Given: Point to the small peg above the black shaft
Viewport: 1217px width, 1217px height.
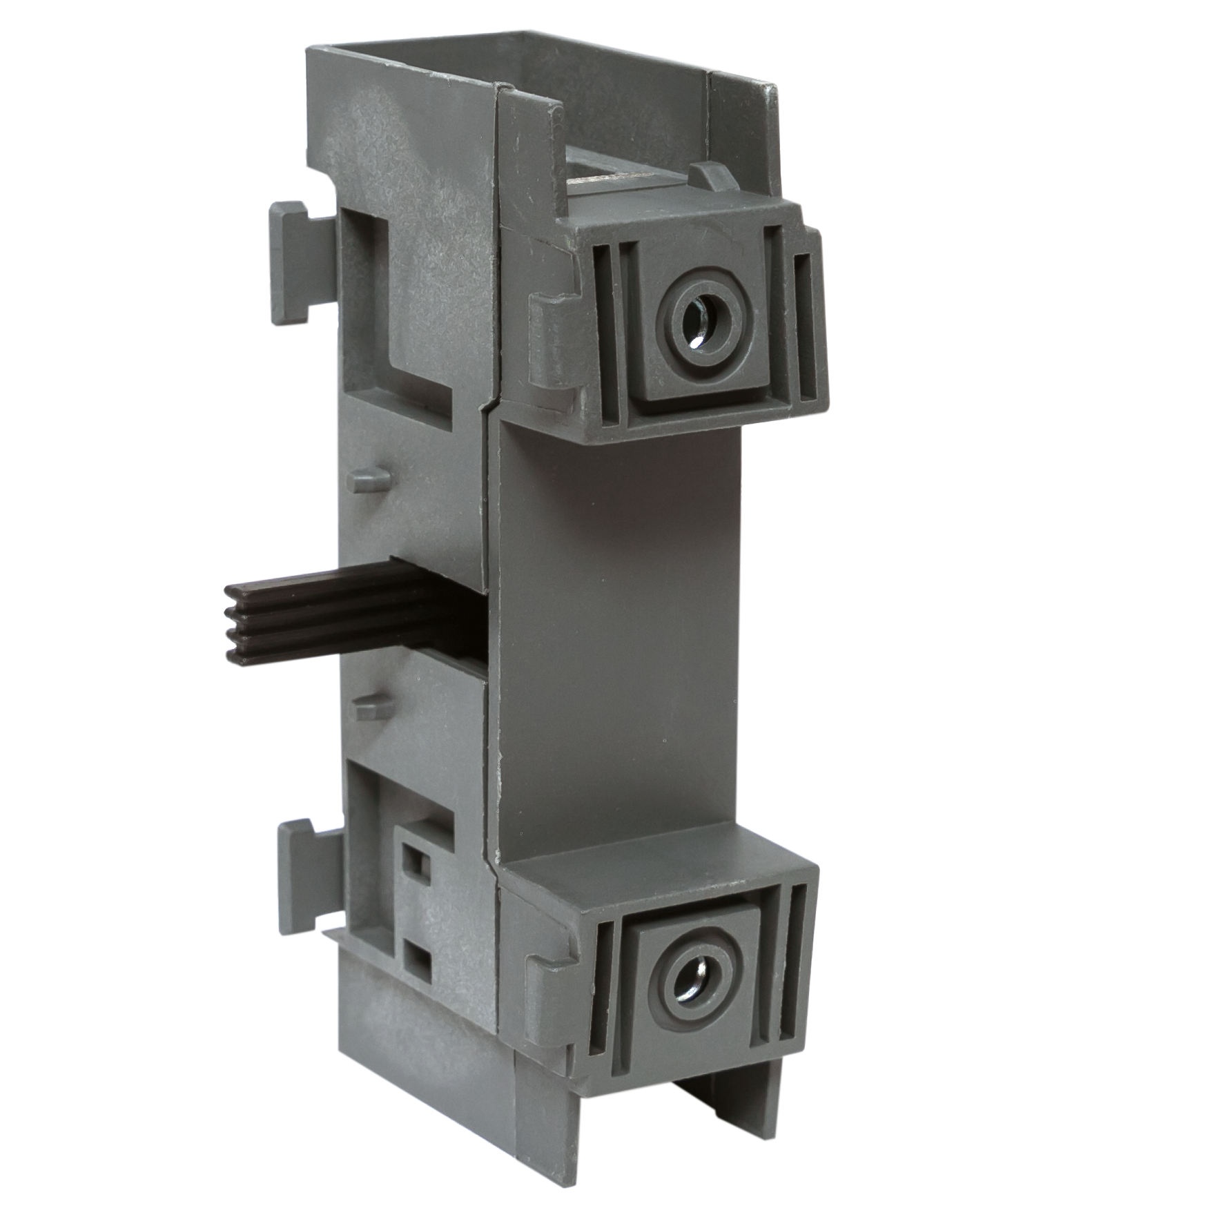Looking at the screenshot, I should pos(370,477).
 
